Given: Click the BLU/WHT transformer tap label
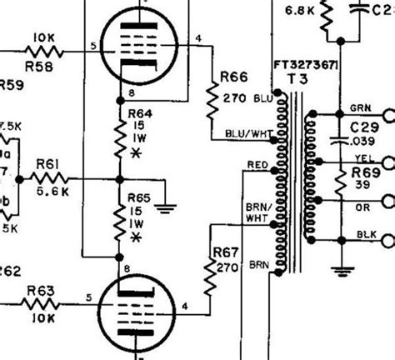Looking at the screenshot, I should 242,133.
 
